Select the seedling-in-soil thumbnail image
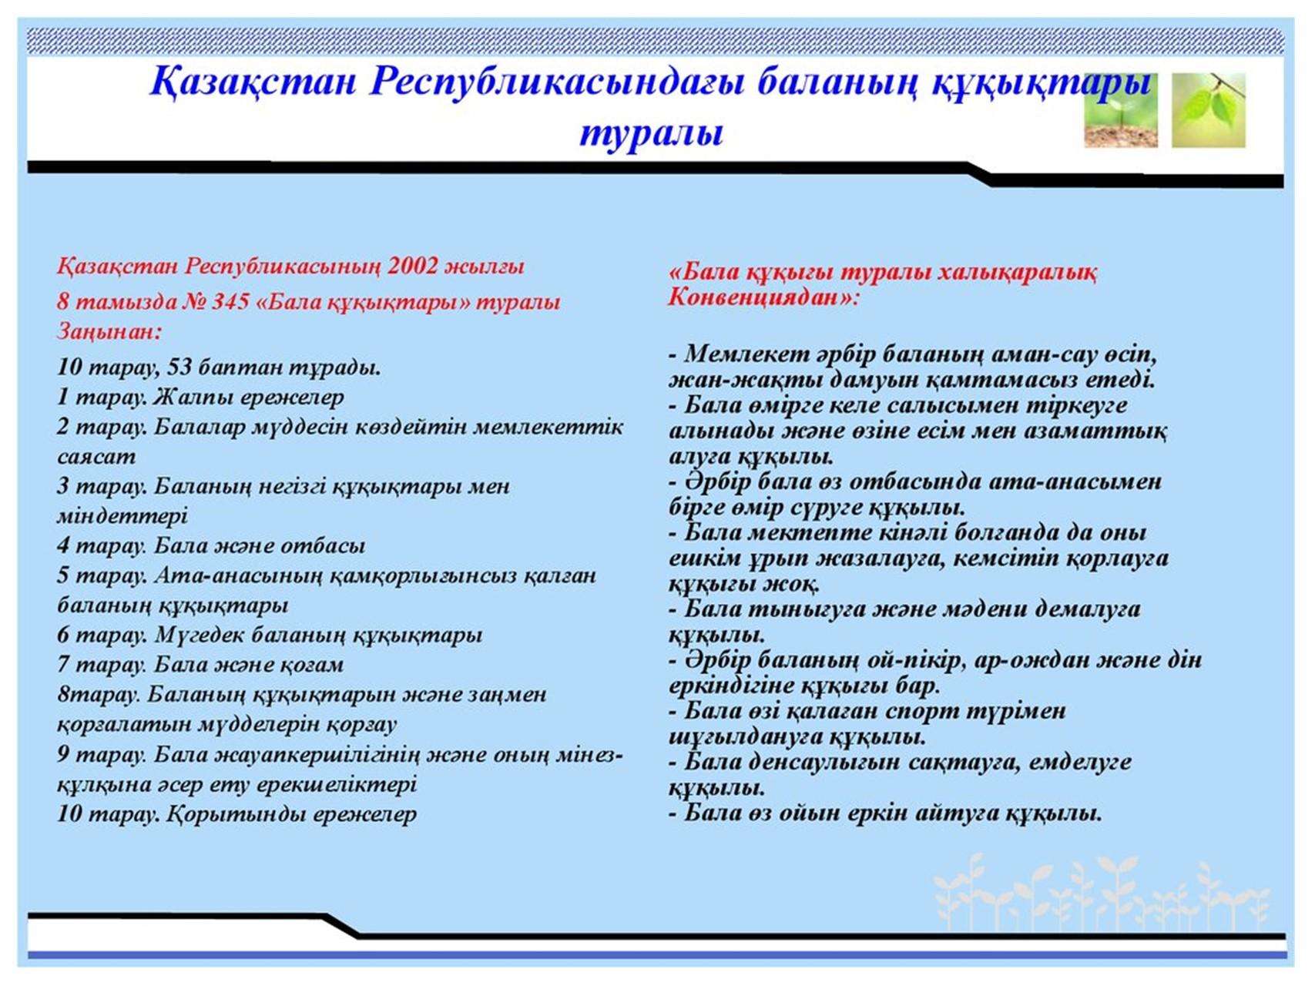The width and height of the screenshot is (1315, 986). (x=1120, y=110)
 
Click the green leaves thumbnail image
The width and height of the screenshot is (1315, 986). (x=1208, y=110)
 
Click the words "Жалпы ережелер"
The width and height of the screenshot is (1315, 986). (x=249, y=397)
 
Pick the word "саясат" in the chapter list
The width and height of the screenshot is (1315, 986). (x=96, y=457)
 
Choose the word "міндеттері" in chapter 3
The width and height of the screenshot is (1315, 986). (x=122, y=516)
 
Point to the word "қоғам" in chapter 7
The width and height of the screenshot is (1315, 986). (x=309, y=665)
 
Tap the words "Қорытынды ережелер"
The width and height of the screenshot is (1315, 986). (x=291, y=814)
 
